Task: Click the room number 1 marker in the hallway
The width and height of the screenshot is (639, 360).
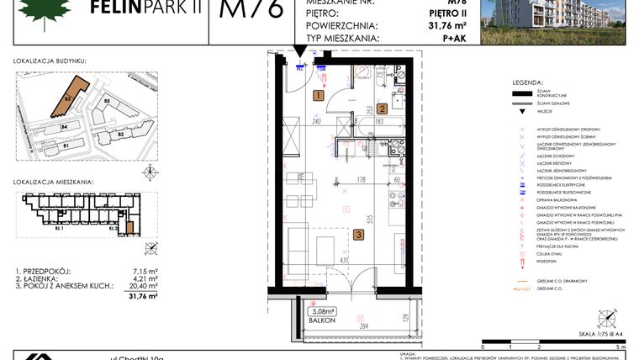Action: tap(318, 96)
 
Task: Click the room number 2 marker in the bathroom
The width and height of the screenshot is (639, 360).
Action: tap(381, 108)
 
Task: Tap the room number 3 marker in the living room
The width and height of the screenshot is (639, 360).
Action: tap(357, 235)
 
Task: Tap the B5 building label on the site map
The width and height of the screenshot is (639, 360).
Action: tap(107, 101)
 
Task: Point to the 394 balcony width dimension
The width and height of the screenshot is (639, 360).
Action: tap(341, 326)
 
